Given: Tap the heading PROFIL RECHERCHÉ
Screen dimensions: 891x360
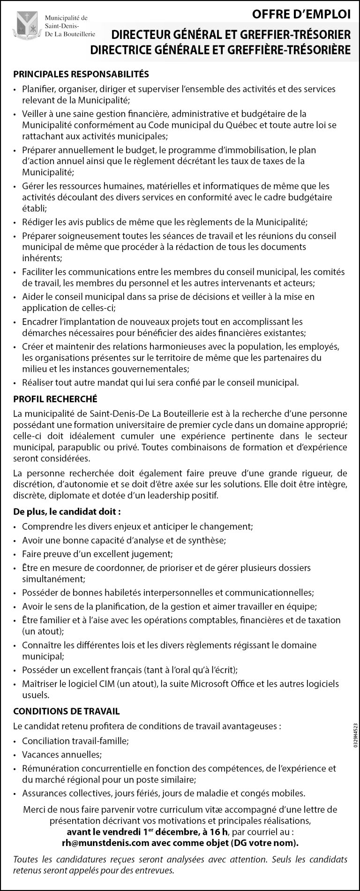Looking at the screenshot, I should pos(55,399).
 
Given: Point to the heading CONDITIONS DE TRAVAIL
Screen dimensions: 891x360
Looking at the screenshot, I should pos(67,711).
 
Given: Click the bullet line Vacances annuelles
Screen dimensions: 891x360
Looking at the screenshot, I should pos(61,755).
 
